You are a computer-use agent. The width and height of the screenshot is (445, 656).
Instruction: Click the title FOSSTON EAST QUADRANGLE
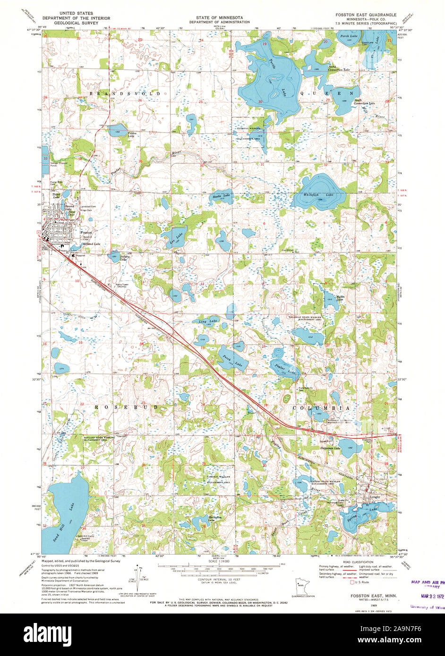click(x=366, y=15)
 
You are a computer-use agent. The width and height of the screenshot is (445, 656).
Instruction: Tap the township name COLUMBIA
click(x=321, y=407)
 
